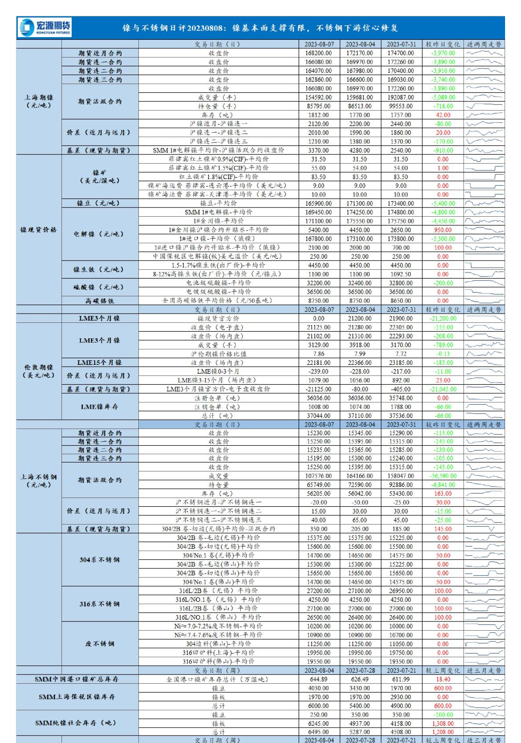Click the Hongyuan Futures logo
coord(44,27)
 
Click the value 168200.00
coord(318,53)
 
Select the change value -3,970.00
coord(443,53)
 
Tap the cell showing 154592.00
coord(318,97)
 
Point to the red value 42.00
coord(443,115)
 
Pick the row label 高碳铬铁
coord(100,301)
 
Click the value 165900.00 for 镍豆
coord(318,203)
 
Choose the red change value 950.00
coord(443,230)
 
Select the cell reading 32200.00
coord(318,283)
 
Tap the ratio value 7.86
coord(318,354)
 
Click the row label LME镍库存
coord(100,407)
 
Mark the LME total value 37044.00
coord(318,416)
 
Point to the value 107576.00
coord(318,476)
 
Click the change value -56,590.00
coord(443,476)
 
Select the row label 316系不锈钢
coord(100,604)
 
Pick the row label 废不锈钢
coord(100,644)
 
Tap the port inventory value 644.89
coord(318,679)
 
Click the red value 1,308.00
coord(443,724)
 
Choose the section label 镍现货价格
coord(38,230)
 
